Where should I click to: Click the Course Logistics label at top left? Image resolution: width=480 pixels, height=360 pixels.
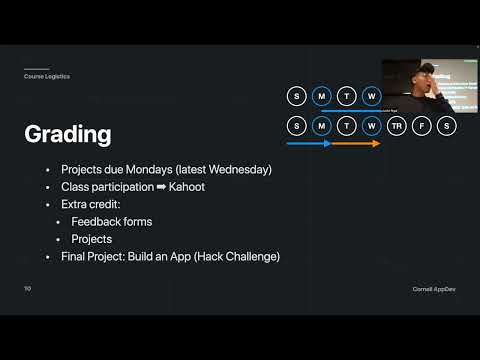point(47,77)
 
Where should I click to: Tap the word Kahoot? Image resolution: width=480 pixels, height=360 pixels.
point(186,187)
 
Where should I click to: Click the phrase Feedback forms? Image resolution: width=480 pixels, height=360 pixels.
point(108,222)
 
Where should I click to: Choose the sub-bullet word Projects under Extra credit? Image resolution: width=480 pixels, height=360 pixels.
point(91,239)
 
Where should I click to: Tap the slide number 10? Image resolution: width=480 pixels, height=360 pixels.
point(28,288)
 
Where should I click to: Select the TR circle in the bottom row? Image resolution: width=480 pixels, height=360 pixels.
point(396,126)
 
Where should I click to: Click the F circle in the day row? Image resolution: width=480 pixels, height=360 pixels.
point(421,126)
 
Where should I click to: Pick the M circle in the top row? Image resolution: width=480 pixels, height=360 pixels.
point(321,96)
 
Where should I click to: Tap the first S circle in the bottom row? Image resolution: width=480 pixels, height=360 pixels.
point(296,126)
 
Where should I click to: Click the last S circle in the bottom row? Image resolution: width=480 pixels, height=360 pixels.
point(446,126)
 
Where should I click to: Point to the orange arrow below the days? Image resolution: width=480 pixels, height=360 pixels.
point(356,144)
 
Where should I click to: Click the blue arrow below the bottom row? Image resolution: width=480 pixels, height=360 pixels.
point(309,144)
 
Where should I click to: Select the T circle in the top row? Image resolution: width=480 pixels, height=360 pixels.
point(346,96)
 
